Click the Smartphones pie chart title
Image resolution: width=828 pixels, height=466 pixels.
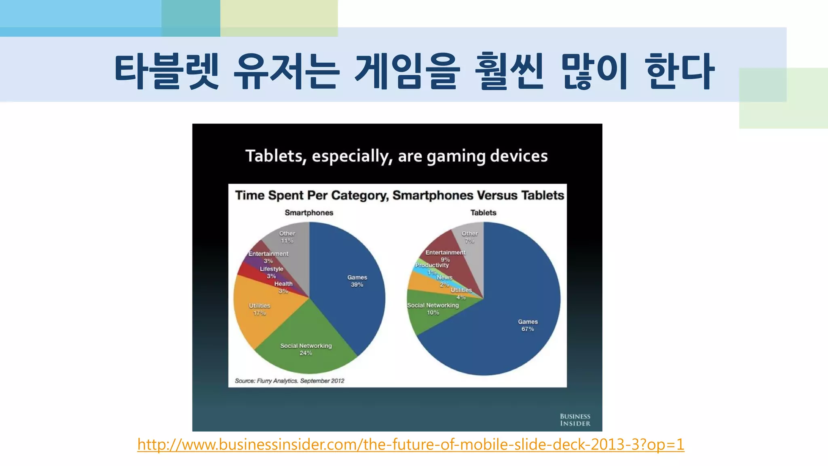(x=309, y=213)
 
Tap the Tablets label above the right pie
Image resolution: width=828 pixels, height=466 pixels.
(x=483, y=213)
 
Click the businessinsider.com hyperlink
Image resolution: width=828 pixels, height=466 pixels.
(x=411, y=445)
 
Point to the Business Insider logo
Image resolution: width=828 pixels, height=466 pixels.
(x=575, y=420)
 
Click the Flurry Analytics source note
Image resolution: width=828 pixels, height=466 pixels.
(x=289, y=381)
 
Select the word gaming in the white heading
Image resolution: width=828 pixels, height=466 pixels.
(x=456, y=156)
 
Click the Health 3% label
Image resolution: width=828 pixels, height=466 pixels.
(x=283, y=287)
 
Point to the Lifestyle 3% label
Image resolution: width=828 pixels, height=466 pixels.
(x=271, y=272)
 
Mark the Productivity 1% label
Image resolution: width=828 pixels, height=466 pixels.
(x=432, y=269)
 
